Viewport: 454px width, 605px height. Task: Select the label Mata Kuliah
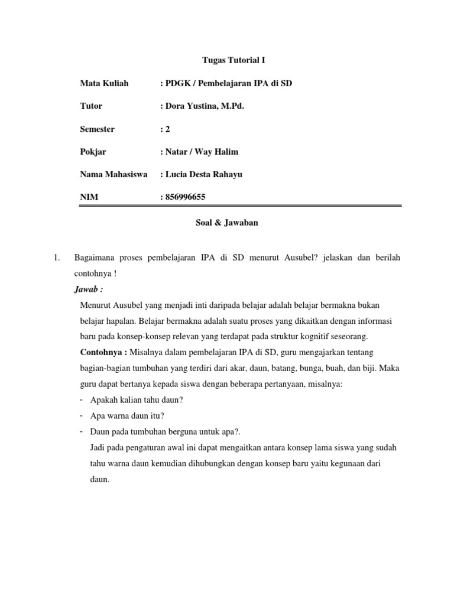pyautogui.click(x=104, y=83)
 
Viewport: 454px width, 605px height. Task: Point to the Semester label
pyautogui.click(x=98, y=129)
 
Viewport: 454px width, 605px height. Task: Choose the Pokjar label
pyautogui.click(x=93, y=152)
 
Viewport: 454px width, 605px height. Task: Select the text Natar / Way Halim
pyautogui.click(x=201, y=152)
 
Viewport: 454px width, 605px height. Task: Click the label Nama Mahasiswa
pyautogui.click(x=113, y=174)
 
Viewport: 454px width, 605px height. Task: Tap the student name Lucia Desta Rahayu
pyautogui.click(x=203, y=174)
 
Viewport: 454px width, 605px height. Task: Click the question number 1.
pyautogui.click(x=56, y=258)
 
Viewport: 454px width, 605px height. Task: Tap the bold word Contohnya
pyautogui.click(x=103, y=352)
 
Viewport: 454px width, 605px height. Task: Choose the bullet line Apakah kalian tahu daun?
pyautogui.click(x=136, y=399)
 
